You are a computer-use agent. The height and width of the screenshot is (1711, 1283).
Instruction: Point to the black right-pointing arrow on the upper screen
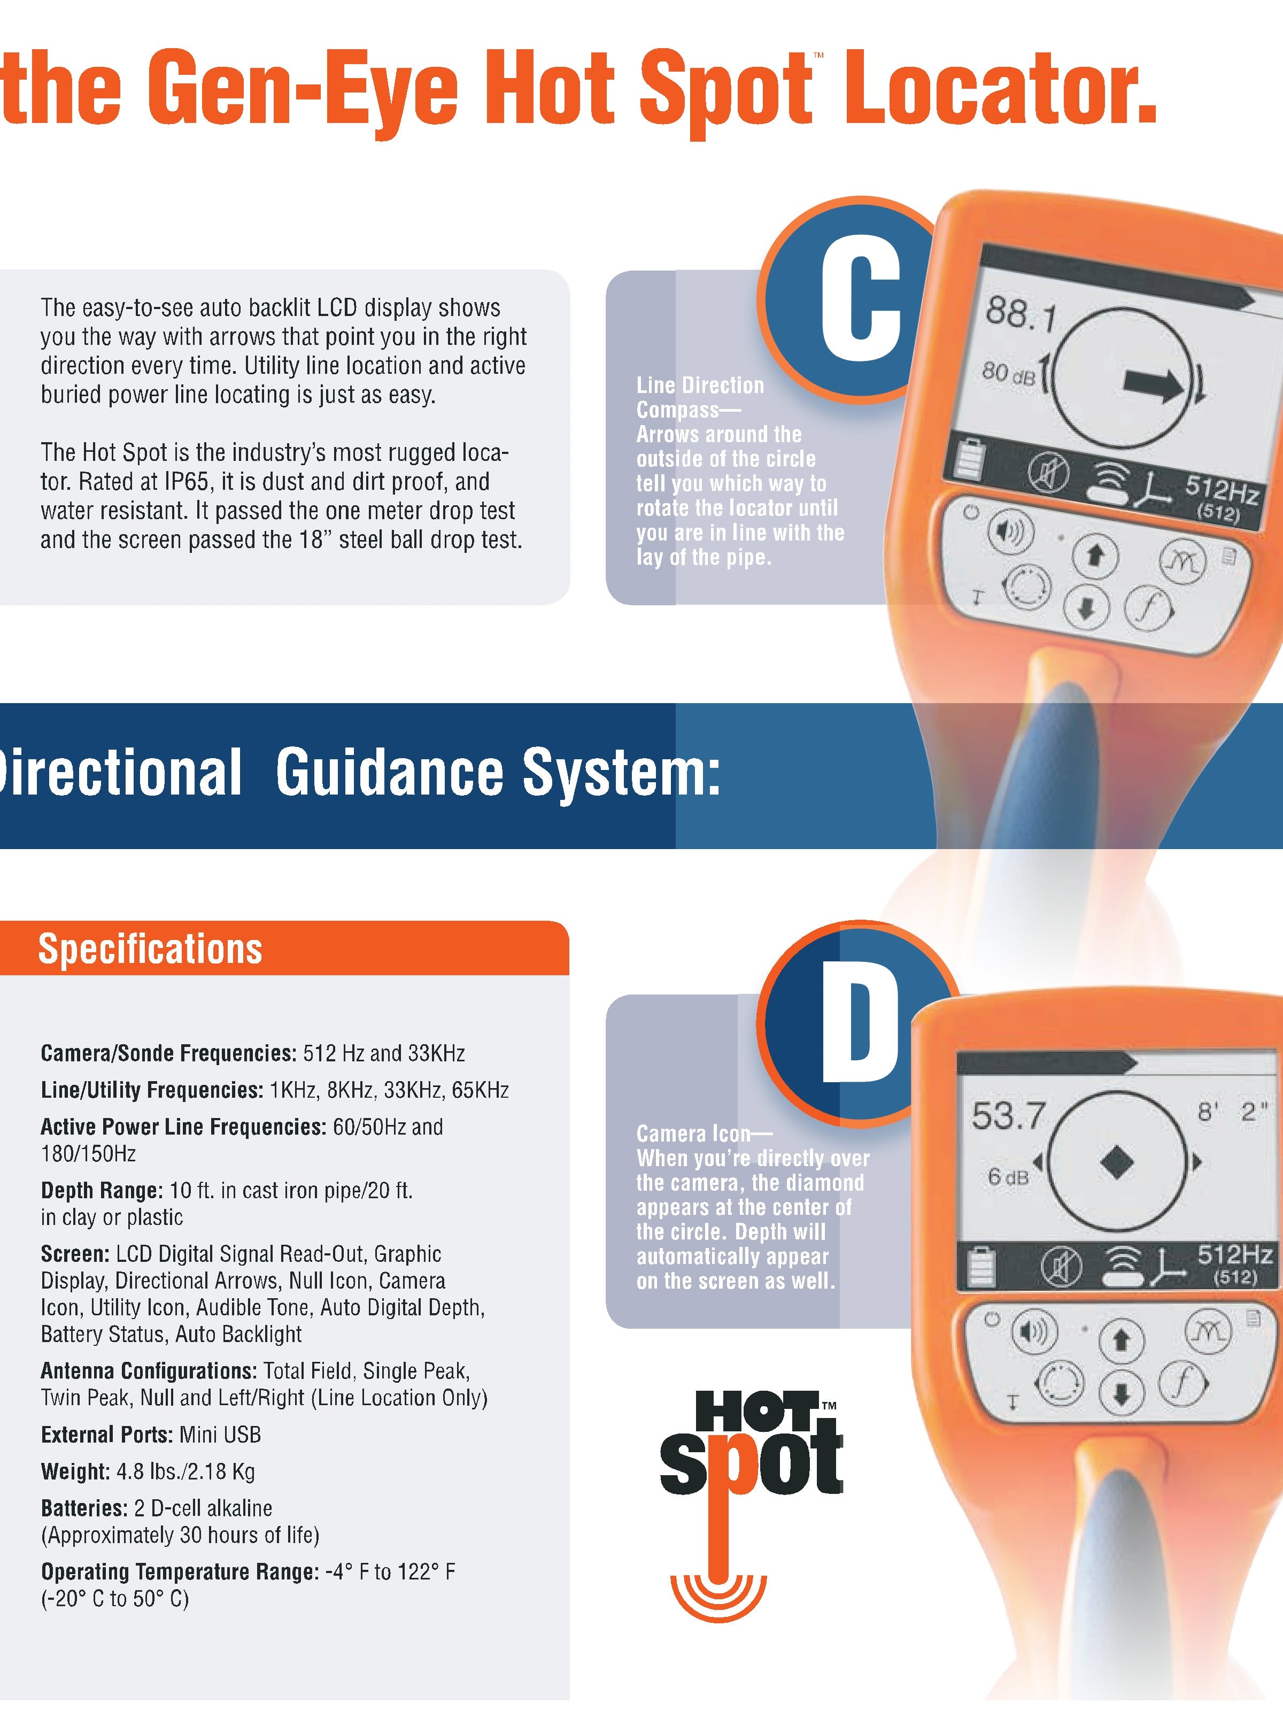tap(1153, 384)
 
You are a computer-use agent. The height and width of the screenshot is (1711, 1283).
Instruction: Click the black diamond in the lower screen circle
tap(1116, 1162)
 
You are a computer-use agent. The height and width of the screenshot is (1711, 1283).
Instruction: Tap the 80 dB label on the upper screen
tap(1008, 374)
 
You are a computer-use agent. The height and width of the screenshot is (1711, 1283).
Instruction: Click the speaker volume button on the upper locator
tap(1010, 532)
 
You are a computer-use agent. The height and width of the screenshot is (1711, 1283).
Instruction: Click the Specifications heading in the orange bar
tap(150, 949)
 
